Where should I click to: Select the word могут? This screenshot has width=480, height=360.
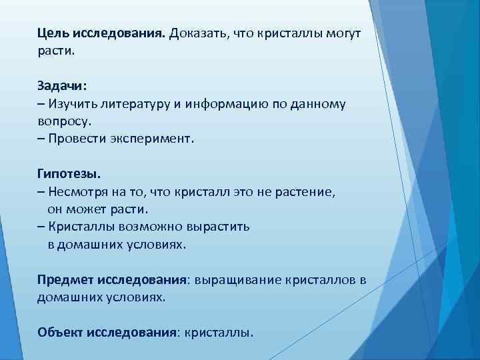(341, 33)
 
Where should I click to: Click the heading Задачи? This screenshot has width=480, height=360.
(62, 87)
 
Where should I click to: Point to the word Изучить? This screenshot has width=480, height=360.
(73, 105)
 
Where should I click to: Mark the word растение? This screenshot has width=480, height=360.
(307, 192)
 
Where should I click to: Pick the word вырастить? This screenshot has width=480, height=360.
(213, 227)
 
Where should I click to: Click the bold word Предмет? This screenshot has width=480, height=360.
(66, 279)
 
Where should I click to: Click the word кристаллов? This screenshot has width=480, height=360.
(328, 279)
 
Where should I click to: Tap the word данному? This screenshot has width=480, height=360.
(318, 105)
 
